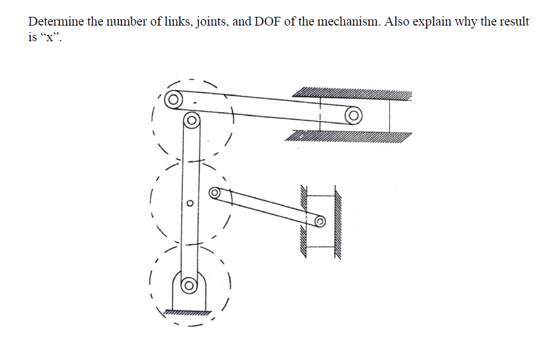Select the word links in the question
179,22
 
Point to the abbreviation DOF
268,22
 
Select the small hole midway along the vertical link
189,203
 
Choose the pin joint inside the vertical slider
320,222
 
